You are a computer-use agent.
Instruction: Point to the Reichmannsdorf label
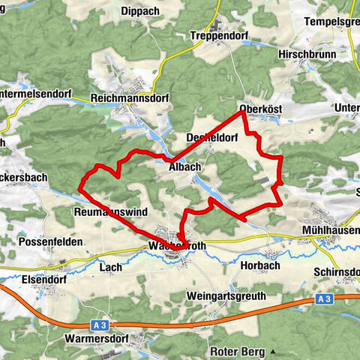pos(130,98)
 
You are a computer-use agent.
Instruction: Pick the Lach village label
pos(110,266)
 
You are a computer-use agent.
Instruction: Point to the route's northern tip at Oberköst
pos(242,112)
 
